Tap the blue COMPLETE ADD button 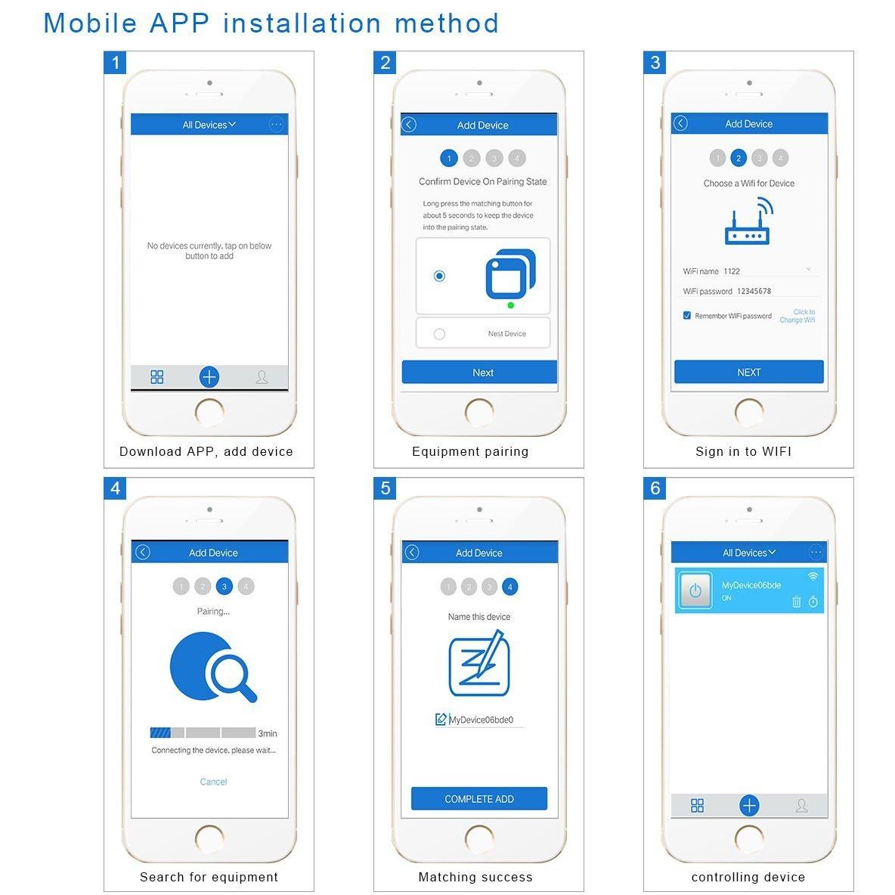479,798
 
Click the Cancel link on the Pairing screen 213,782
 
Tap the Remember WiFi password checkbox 686,315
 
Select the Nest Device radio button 439,334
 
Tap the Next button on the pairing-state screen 479,372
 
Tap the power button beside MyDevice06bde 695,590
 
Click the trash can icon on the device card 796,602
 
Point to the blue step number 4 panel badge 116,488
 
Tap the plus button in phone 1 209,376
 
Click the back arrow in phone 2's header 409,125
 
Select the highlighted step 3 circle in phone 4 225,586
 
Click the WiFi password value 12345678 754,291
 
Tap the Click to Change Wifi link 797,316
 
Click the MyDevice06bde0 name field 481,720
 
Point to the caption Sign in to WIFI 743,451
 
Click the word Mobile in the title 91,24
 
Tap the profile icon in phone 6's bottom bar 801,805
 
